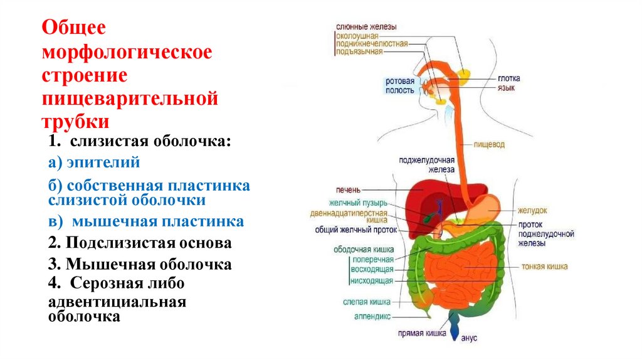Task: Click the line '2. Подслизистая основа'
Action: [x=140, y=243]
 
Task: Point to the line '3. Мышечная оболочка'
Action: [x=140, y=264]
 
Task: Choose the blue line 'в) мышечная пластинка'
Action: [x=146, y=222]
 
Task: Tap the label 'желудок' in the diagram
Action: [x=532, y=211]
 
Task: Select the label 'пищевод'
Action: [x=489, y=144]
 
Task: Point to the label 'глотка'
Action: [x=508, y=78]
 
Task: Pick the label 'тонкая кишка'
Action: [x=544, y=266]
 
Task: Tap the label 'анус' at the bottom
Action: [x=469, y=338]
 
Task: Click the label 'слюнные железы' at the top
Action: [x=366, y=27]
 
